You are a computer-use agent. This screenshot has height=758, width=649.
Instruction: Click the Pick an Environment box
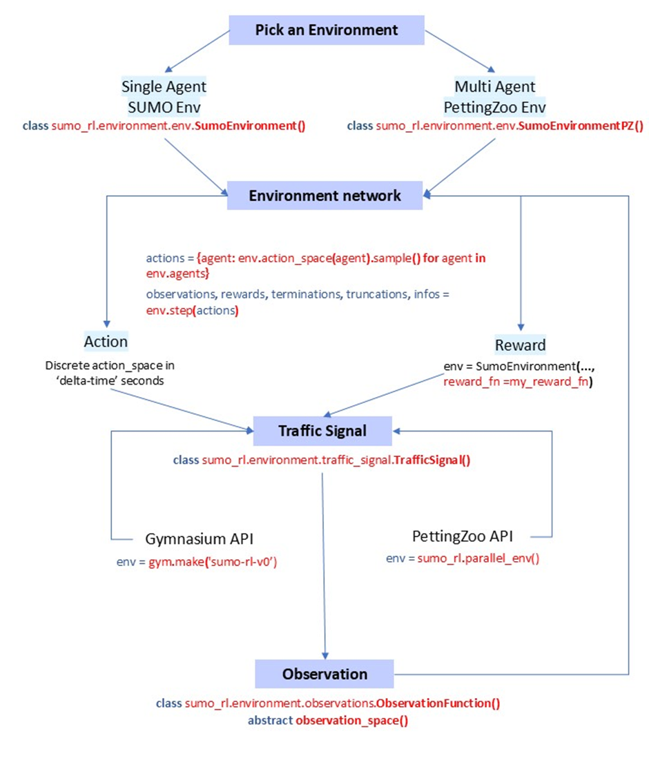click(x=326, y=30)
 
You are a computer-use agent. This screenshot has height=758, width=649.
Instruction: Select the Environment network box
click(x=324, y=196)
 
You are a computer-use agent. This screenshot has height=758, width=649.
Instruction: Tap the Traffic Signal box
click(x=322, y=431)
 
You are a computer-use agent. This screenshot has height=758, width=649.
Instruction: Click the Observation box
click(x=324, y=673)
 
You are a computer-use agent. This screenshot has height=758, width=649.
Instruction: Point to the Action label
click(x=106, y=341)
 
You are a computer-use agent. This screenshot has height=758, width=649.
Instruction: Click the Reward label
click(x=520, y=344)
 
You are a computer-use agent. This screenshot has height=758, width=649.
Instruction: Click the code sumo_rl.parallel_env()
click(x=478, y=558)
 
